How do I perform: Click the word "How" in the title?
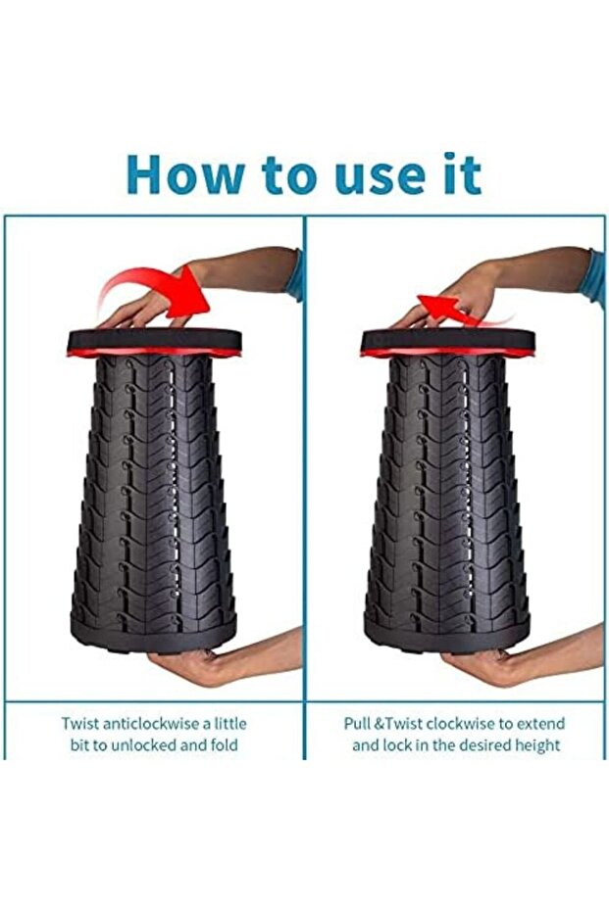(x=185, y=174)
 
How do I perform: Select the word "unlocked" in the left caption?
(x=143, y=745)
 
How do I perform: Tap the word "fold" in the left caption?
(x=224, y=745)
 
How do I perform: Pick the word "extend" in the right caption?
(x=541, y=724)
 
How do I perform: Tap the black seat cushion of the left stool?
(x=154, y=339)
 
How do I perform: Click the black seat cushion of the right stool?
(x=448, y=339)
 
